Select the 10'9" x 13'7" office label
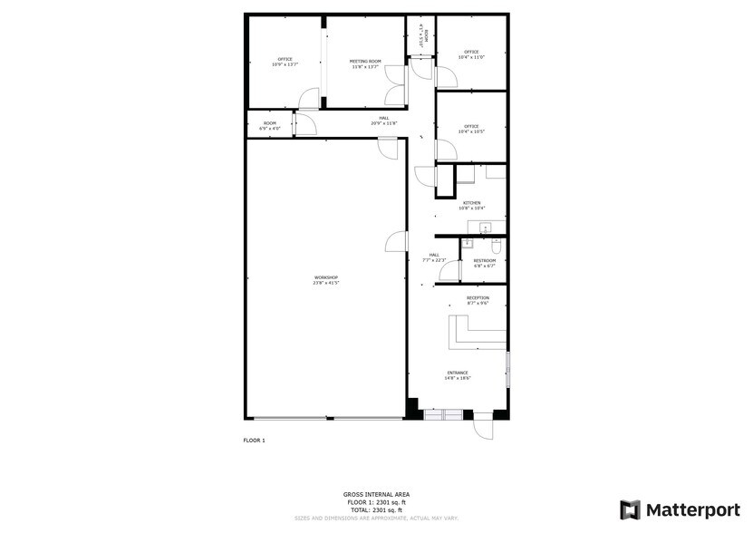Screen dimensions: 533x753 point(285,62)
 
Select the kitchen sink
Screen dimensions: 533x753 point(484,228)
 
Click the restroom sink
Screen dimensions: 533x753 point(468,243)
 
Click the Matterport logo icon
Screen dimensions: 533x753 point(630,509)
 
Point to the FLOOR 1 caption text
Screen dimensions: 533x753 point(254,441)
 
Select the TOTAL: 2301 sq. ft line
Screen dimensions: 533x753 point(376,511)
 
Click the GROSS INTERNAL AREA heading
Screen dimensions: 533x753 point(376,494)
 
